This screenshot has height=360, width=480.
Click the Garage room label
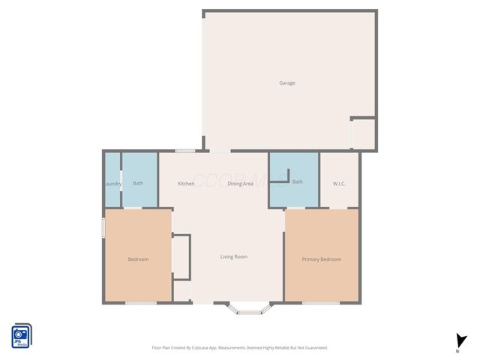286,83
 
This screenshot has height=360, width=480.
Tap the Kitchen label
186,184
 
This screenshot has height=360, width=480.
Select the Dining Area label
240,184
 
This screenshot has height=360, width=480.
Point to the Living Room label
233,257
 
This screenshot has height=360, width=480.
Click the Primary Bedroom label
321,259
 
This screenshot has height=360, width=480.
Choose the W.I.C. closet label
338,184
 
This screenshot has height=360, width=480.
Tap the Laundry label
113,184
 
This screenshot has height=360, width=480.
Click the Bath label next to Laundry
138,183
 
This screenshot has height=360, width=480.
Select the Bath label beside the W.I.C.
297,181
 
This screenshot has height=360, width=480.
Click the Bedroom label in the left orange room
138,259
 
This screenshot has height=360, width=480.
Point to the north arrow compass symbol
458,341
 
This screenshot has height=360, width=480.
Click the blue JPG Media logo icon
21,334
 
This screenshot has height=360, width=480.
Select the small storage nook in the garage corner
364,133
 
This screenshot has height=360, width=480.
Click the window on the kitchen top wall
185,151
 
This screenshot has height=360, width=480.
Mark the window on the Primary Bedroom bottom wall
320,303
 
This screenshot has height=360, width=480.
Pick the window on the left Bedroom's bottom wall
140,303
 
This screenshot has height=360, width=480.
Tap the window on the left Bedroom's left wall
103,228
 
